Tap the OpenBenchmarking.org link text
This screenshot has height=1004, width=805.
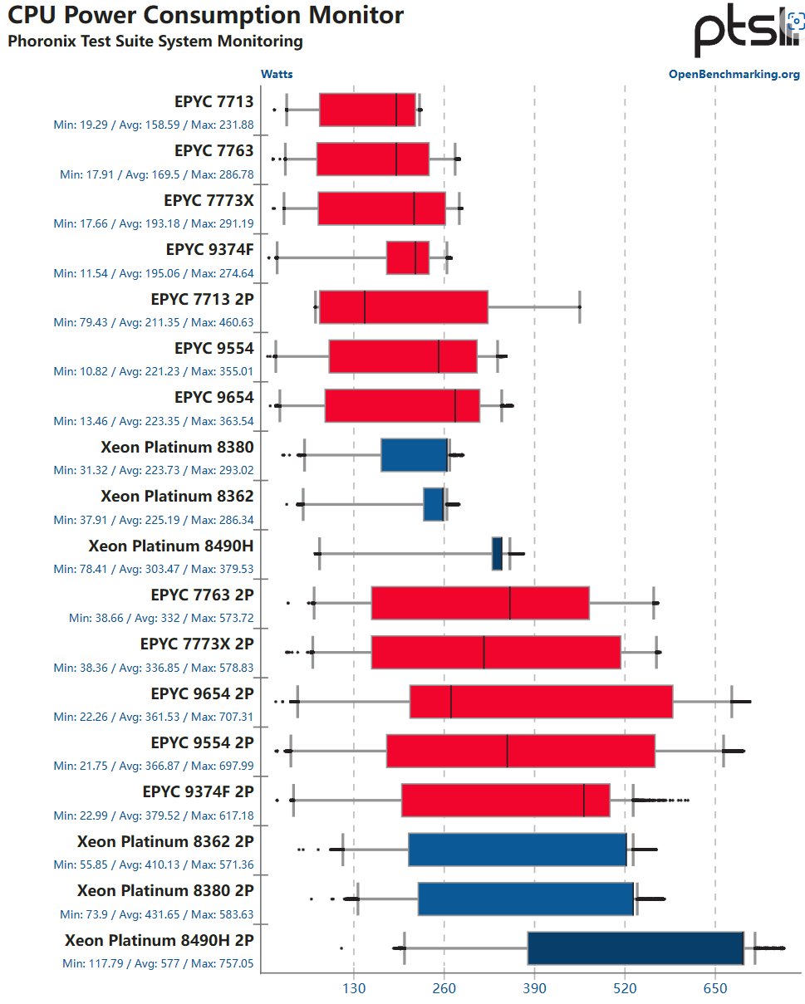click(734, 75)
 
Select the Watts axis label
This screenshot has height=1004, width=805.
click(277, 75)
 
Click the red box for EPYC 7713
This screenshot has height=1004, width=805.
click(367, 110)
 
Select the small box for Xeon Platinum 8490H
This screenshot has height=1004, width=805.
click(497, 554)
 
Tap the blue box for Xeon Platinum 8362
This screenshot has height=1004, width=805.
click(434, 504)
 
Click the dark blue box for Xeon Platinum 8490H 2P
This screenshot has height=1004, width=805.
click(636, 948)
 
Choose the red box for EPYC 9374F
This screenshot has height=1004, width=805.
click(408, 257)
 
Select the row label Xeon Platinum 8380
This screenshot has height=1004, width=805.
click(177, 447)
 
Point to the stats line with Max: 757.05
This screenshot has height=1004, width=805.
click(158, 964)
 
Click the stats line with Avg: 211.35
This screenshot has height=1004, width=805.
click(154, 322)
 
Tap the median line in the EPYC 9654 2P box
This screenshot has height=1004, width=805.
click(451, 702)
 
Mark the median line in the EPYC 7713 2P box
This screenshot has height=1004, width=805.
click(365, 307)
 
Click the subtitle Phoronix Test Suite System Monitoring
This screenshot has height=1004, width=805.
click(155, 41)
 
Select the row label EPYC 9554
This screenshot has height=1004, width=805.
click(214, 348)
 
